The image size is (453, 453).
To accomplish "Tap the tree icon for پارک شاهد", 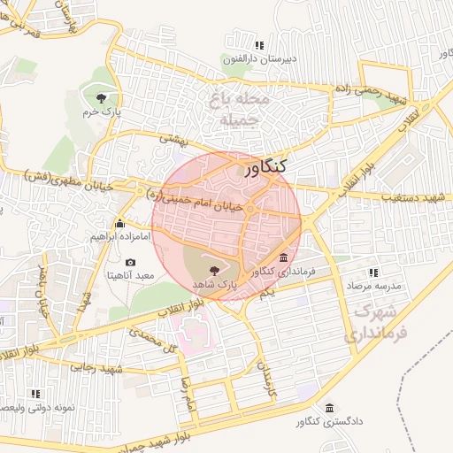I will point(212,270).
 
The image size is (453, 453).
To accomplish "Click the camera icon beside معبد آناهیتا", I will point(131,263).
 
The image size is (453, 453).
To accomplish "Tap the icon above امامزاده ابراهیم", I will point(120,224).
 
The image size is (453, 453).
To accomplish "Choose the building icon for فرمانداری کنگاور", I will point(283,257).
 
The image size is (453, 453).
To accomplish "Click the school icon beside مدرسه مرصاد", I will point(372,273).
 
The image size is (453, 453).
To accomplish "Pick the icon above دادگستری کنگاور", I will point(329,408).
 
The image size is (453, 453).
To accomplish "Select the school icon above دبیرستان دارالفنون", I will point(258,45).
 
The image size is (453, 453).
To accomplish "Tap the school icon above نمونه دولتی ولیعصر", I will point(35,394).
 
